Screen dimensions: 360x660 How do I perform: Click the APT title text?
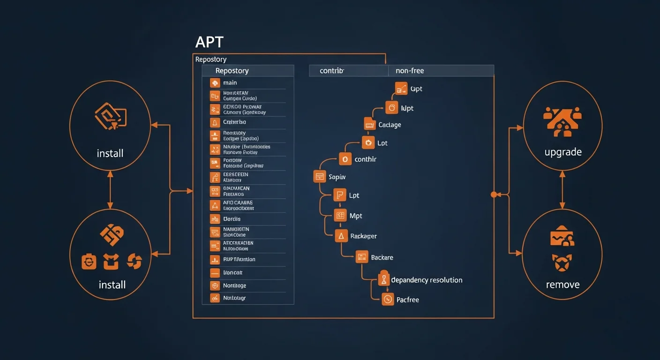[209, 42]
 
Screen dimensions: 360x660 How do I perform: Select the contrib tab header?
[331, 71]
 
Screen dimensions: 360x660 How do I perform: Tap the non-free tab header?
[410, 71]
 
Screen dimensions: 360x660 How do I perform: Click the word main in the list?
[230, 83]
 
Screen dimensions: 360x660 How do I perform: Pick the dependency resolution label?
[427, 280]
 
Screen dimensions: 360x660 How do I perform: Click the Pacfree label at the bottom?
[407, 300]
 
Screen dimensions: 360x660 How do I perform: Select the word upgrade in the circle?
[563, 152]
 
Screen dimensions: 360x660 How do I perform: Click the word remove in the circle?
[562, 285]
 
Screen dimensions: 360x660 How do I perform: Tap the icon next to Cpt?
[401, 88]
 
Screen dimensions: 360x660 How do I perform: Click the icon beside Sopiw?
[319, 177]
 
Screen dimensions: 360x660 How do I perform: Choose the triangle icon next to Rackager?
[341, 236]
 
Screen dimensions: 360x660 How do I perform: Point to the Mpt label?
[356, 216]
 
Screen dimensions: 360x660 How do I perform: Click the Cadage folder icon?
[370, 124]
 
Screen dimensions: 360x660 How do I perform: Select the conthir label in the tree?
[365, 159]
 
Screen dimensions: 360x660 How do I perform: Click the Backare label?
[382, 257]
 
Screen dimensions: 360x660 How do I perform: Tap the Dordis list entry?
[232, 219]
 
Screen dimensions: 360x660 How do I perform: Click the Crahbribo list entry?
[234, 122]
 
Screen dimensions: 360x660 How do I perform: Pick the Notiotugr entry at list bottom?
[234, 298]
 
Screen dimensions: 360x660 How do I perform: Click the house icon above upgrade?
[562, 121]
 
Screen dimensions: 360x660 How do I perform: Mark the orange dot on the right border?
[493, 194]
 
